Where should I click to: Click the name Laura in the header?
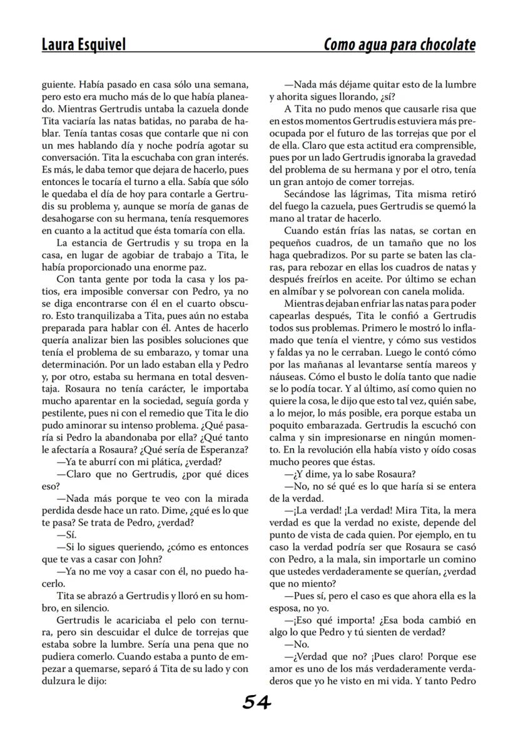pos(59,45)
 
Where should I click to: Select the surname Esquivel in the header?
pos(102,45)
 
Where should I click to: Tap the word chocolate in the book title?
pos(444,45)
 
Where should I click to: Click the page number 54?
pos(256,703)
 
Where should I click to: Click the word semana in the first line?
pos(231,84)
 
